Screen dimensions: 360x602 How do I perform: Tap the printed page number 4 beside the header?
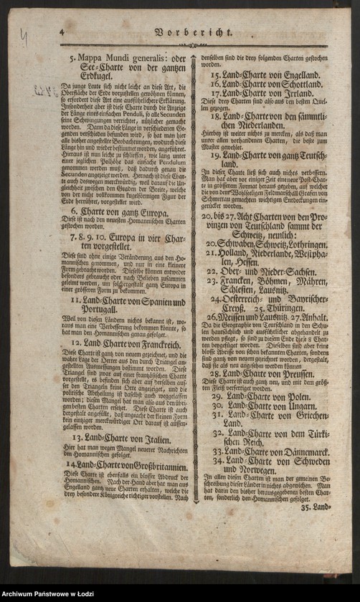pyautogui.click(x=62, y=32)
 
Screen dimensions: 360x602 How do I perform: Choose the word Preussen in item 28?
pyautogui.click(x=298, y=373)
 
